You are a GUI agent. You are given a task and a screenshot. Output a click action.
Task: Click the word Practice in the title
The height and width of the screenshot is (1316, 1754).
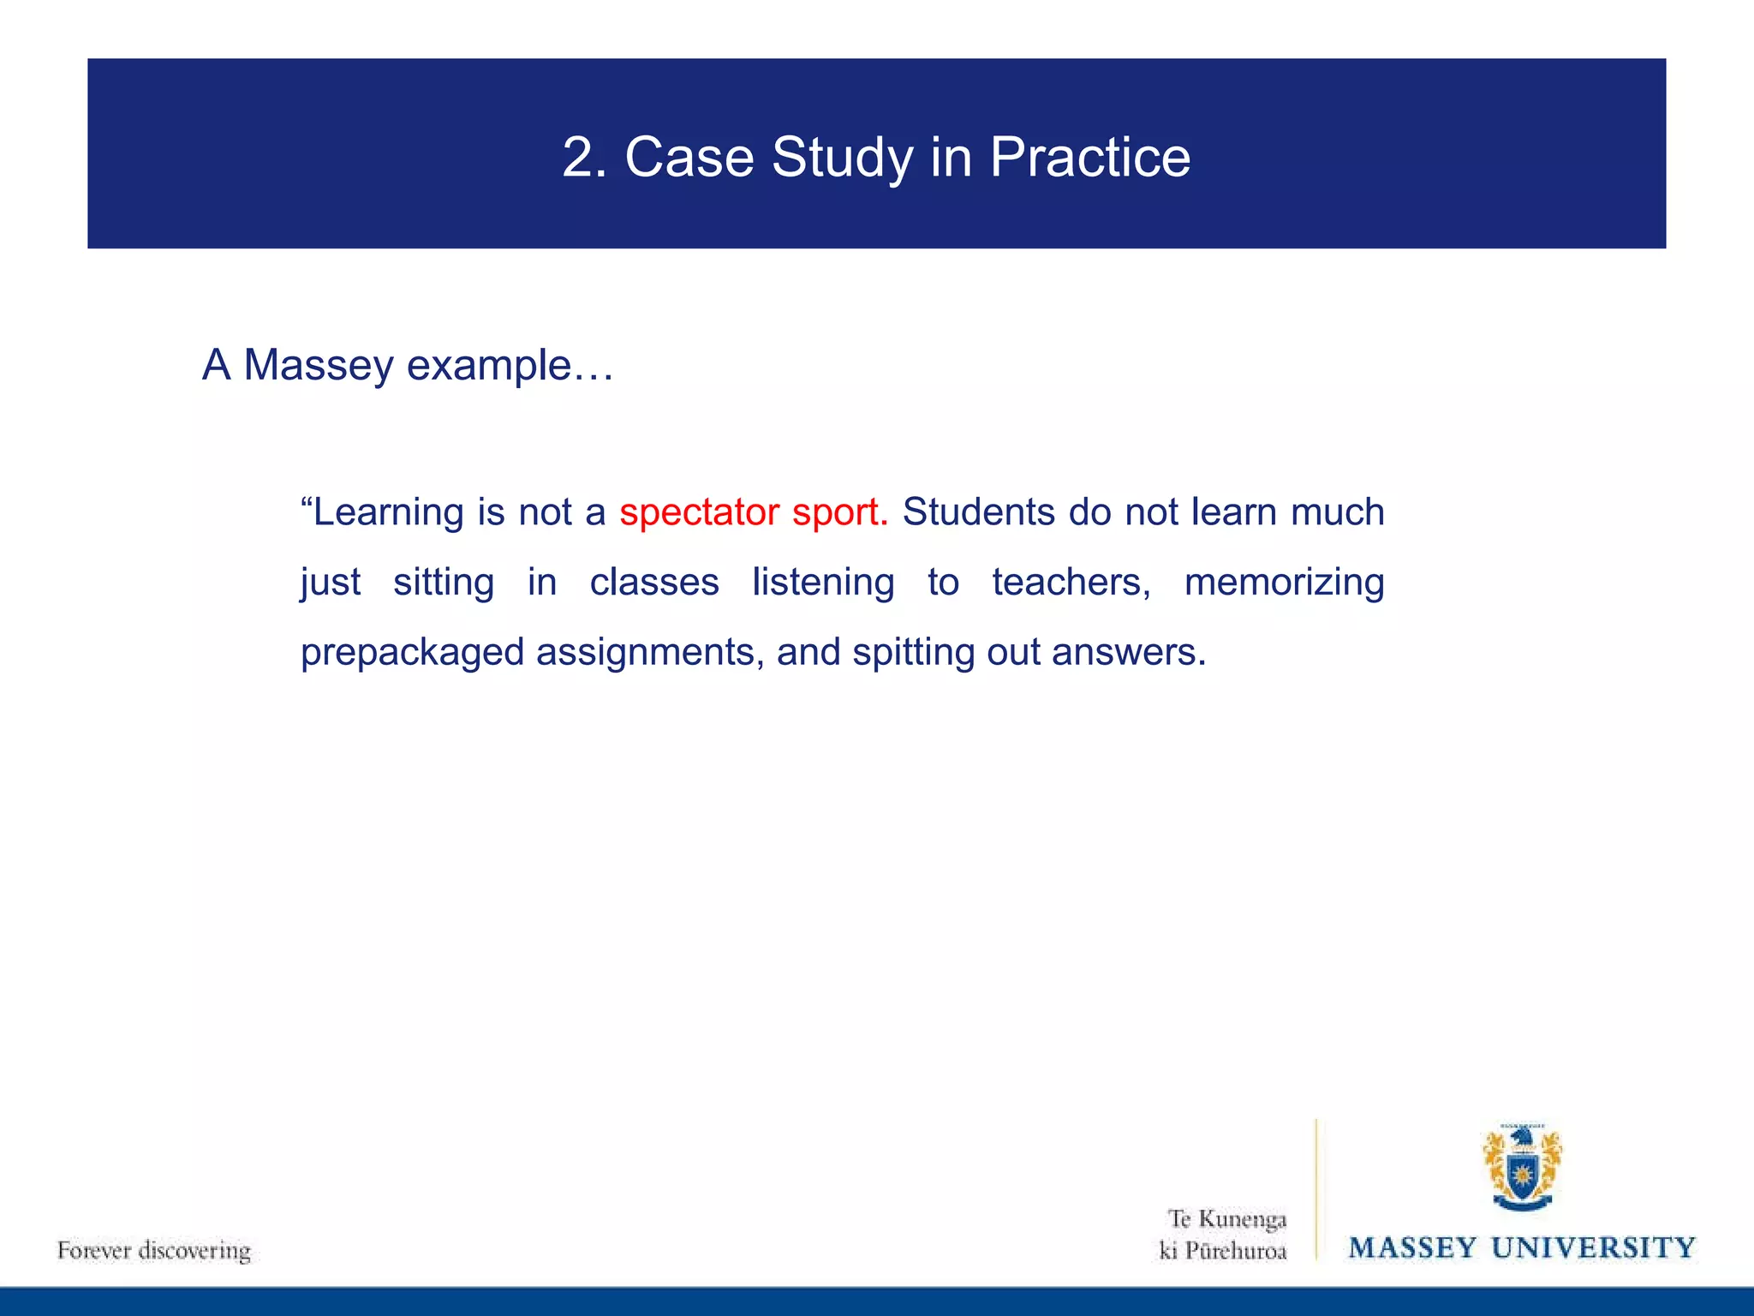tap(1089, 158)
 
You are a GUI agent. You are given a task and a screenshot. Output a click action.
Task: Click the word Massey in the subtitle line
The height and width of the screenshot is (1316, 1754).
tap(318, 365)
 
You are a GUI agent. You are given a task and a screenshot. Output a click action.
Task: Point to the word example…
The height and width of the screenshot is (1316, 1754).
tap(510, 365)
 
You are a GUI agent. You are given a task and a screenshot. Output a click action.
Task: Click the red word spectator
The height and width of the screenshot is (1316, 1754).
tap(699, 512)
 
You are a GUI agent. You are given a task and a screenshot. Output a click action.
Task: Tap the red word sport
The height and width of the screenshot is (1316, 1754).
tap(840, 512)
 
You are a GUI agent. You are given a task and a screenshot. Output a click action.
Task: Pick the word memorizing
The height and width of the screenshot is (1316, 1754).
tap(1284, 583)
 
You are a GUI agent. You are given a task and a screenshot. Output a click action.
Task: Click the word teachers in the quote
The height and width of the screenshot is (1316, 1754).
tap(1071, 583)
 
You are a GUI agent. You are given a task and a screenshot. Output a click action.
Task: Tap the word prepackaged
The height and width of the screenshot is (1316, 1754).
tap(412, 653)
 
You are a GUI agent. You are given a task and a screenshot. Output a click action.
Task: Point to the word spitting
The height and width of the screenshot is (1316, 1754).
tap(913, 653)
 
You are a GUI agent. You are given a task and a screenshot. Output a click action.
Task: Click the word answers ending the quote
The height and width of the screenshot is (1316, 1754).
tap(1128, 653)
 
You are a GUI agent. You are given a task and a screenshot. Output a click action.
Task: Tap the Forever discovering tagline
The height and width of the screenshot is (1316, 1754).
tap(154, 1250)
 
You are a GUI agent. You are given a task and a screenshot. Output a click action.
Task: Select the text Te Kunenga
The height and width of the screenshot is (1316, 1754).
tap(1226, 1218)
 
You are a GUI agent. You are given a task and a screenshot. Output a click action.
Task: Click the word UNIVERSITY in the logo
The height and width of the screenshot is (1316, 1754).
tap(1593, 1247)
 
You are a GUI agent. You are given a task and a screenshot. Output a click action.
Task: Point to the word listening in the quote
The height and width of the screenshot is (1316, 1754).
tap(823, 583)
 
